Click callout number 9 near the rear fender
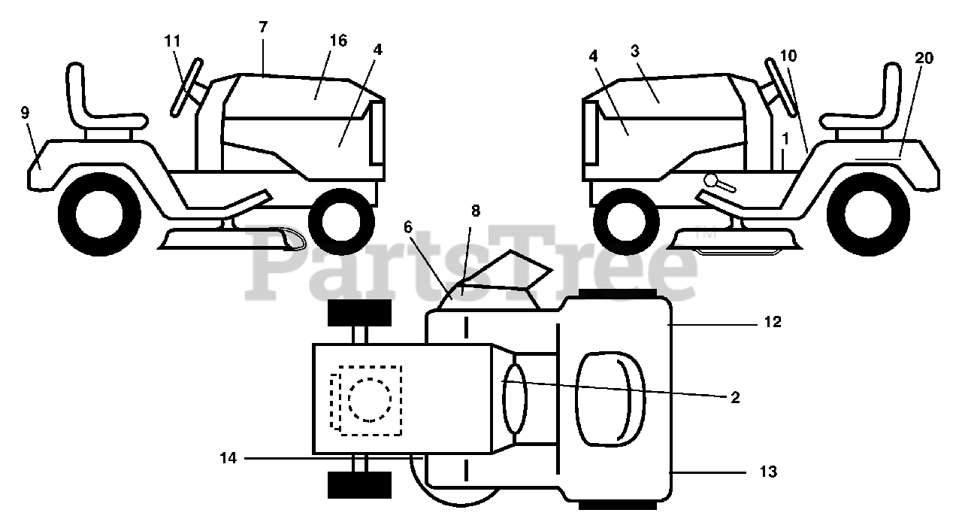[x=25, y=114]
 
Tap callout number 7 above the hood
[x=262, y=27]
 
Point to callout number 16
[x=338, y=41]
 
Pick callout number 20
[x=924, y=58]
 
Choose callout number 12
[x=773, y=323]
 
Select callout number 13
[x=768, y=472]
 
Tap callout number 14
[x=229, y=457]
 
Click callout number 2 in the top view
[x=735, y=398]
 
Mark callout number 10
[x=788, y=56]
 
